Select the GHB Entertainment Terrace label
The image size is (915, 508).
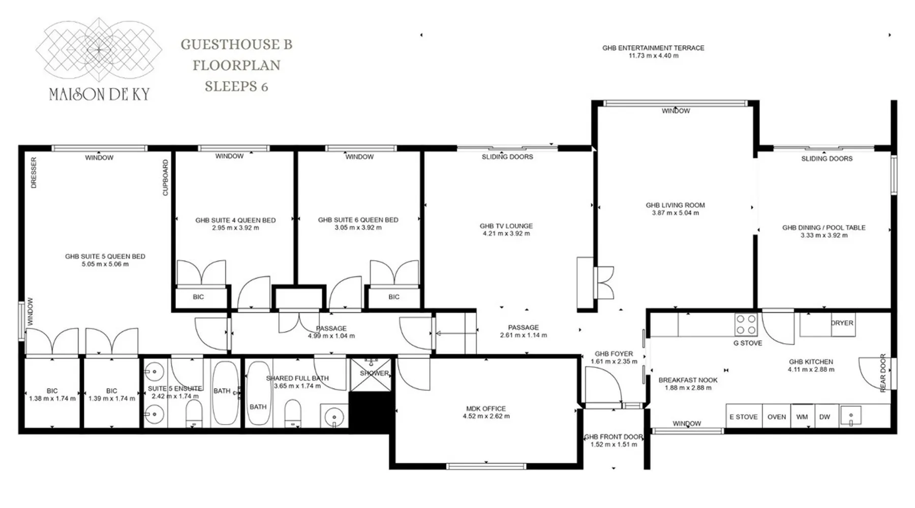pyautogui.click(x=653, y=52)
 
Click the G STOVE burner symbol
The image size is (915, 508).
pyautogui.click(x=746, y=325)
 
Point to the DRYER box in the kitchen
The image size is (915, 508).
pyautogui.click(x=842, y=325)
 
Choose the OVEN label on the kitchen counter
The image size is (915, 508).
pyautogui.click(x=776, y=417)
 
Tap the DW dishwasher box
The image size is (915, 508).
pyautogui.click(x=825, y=417)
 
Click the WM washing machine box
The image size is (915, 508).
pyautogui.click(x=802, y=417)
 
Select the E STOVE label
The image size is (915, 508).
pyautogui.click(x=743, y=417)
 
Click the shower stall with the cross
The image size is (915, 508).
pyautogui.click(x=371, y=375)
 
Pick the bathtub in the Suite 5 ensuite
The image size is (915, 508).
pyautogui.click(x=224, y=393)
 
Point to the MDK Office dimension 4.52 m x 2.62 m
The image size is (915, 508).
pyautogui.click(x=486, y=416)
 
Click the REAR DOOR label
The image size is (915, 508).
pyautogui.click(x=883, y=373)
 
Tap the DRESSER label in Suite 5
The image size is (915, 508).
pyautogui.click(x=34, y=173)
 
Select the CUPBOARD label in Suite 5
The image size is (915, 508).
pyautogui.click(x=165, y=178)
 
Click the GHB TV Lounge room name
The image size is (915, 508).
pyautogui.click(x=506, y=226)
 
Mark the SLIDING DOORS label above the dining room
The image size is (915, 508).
pyautogui.click(x=827, y=158)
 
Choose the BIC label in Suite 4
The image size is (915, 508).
pyautogui.click(x=198, y=297)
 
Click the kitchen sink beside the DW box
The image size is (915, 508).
pyautogui.click(x=850, y=416)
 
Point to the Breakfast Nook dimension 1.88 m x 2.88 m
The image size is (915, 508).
pyautogui.click(x=688, y=388)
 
